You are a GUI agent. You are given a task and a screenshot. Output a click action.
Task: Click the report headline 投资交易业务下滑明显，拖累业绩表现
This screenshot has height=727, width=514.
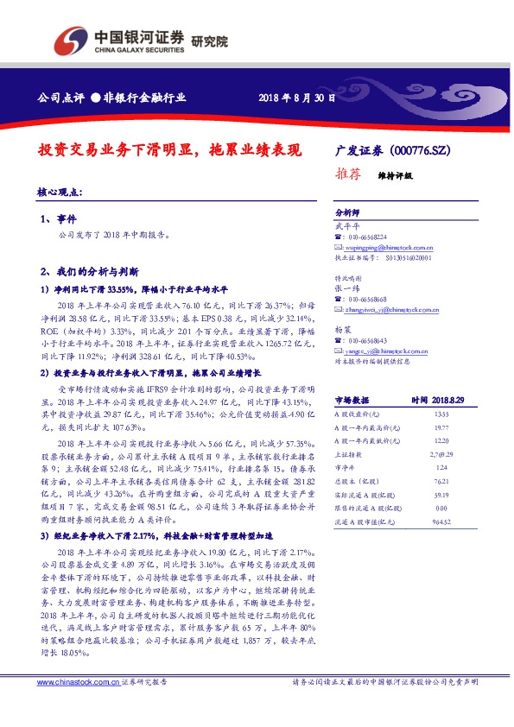(x=170, y=149)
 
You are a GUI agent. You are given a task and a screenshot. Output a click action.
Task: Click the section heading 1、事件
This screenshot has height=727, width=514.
(x=59, y=218)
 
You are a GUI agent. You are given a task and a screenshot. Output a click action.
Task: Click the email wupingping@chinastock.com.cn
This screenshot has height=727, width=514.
(x=385, y=247)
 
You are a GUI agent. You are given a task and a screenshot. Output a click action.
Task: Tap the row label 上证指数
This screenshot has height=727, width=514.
(x=347, y=453)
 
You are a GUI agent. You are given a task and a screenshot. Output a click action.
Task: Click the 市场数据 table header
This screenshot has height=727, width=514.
(x=352, y=401)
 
